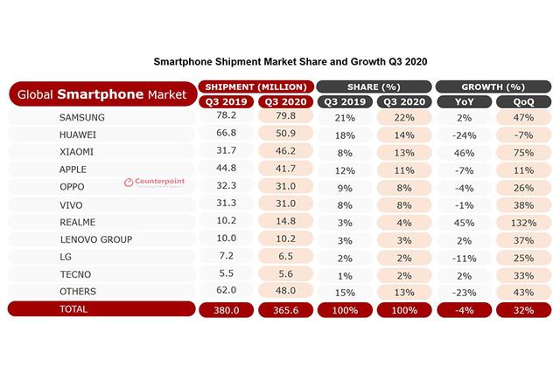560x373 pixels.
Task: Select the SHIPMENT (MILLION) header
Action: pos(255,87)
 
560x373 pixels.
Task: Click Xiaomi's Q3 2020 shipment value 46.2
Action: pos(284,151)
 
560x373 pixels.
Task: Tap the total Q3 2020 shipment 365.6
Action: pos(284,308)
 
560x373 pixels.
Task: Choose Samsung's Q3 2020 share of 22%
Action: pos(403,118)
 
